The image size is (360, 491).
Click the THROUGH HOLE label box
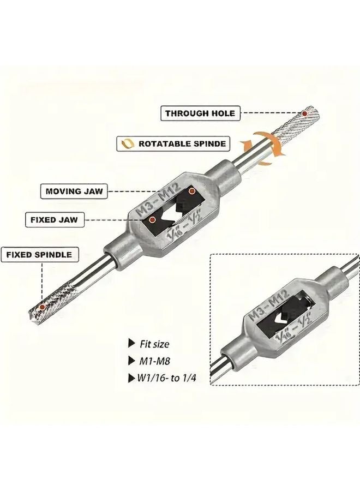[x=200, y=113]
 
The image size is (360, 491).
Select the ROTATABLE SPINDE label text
[x=182, y=144]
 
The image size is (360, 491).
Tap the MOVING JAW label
[x=74, y=191]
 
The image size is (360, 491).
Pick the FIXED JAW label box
[x=53, y=220]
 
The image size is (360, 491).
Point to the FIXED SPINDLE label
[x=39, y=254]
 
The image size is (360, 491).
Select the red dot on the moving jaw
[x=192, y=191]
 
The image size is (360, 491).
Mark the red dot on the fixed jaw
[x=153, y=220]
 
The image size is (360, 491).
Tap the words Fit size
[x=154, y=344]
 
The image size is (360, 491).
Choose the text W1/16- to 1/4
[x=167, y=377]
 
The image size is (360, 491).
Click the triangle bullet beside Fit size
[x=131, y=344]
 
